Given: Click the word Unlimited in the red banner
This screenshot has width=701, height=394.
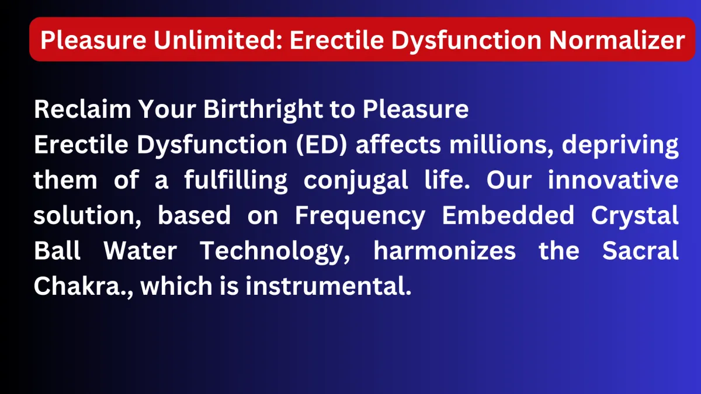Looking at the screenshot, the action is coord(218,40).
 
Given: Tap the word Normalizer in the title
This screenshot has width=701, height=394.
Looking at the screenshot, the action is coord(617,40).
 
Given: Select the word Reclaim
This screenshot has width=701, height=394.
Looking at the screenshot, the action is coord(82,109).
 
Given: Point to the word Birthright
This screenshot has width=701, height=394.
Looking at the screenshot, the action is coord(263,110).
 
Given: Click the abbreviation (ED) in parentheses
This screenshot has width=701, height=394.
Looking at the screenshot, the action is coord(322,145).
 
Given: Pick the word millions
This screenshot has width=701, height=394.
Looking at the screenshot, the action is coord(502,145).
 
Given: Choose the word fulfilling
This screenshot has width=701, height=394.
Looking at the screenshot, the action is coord(236,181).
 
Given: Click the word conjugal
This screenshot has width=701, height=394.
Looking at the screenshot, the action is coord(356,181).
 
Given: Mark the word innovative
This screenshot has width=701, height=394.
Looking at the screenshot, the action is coord(613,180).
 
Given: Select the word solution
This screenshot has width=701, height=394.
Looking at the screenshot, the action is coord(87,215).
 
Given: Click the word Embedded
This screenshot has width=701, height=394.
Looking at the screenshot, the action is coord(508,215).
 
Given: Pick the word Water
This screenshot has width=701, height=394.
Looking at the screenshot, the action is coord(140,251).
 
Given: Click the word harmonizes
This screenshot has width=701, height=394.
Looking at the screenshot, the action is coord(445,250).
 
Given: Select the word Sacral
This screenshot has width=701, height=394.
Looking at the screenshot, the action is coord(640,250).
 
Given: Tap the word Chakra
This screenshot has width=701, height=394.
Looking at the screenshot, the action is coord(77,286).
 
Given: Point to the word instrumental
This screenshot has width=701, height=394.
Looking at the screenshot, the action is coord(328,286).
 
